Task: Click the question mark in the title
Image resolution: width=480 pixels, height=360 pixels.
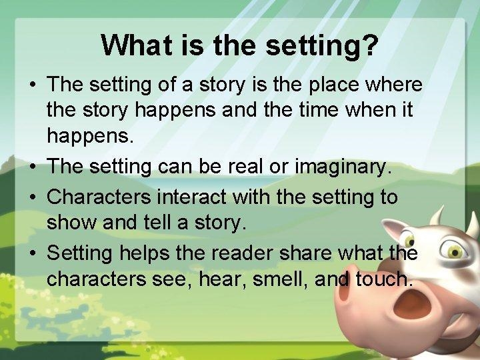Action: (369, 45)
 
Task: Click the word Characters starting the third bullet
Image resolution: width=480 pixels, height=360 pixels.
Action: (99, 197)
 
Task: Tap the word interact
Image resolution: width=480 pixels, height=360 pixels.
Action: (192, 197)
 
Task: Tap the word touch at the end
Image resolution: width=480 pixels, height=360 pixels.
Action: (383, 279)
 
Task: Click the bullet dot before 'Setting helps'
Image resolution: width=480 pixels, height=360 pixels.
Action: (33, 253)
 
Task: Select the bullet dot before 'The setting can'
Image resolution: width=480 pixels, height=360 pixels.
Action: (33, 167)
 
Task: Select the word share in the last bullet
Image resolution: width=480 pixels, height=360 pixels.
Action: (306, 253)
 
